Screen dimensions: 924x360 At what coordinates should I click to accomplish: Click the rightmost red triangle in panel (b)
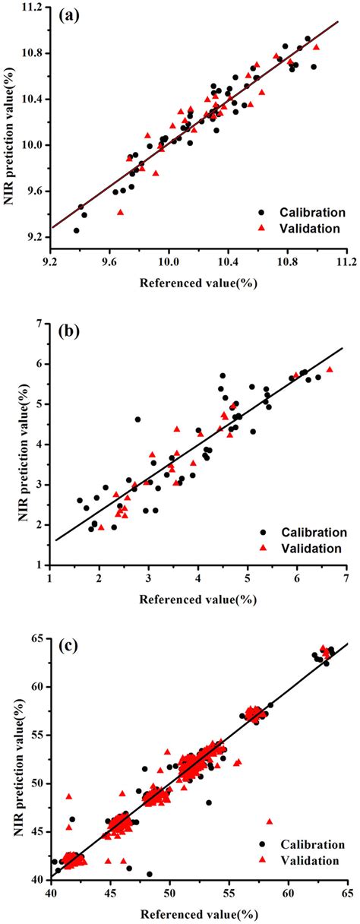point(330,369)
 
